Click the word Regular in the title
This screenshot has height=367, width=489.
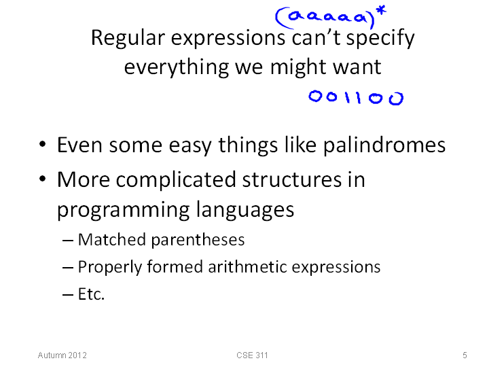point(128,39)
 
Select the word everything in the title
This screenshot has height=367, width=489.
point(176,67)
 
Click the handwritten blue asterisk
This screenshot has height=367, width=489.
point(381,10)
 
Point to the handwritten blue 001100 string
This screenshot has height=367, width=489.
point(356,98)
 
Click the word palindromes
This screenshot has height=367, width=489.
point(384,145)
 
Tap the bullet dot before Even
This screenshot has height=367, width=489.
point(43,145)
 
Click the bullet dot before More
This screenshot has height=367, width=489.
point(43,179)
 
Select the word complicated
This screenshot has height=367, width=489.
point(176,180)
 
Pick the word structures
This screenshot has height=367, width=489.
point(291,179)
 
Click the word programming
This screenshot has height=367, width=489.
point(123,210)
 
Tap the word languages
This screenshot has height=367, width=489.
point(245,210)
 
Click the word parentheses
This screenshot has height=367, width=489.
point(198,241)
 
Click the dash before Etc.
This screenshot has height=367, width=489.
point(68,294)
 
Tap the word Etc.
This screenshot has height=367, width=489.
point(91,294)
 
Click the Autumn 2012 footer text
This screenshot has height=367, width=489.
point(62,355)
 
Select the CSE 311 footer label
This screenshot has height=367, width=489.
point(252,355)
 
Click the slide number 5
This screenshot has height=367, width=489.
point(465,355)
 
